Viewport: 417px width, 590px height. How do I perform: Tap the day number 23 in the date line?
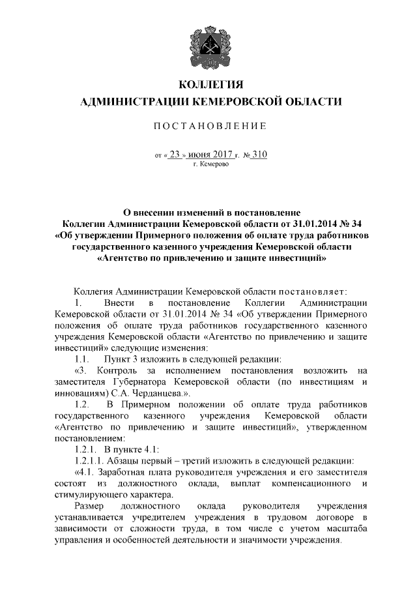pos(175,155)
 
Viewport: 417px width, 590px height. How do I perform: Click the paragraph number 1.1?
pos(82,359)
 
